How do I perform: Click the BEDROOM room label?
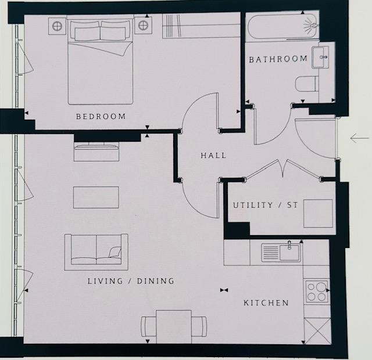click(x=101, y=117)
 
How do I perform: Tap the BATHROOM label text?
click(x=278, y=59)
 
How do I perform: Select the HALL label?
click(x=213, y=156)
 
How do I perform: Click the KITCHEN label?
click(x=266, y=303)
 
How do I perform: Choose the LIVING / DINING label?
click(x=131, y=281)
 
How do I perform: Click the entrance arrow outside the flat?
click(x=359, y=139)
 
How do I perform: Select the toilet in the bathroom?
click(x=306, y=85)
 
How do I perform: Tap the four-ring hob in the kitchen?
click(x=316, y=290)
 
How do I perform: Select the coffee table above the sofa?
click(x=96, y=197)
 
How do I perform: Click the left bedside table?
click(x=57, y=26)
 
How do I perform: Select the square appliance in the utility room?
click(x=318, y=213)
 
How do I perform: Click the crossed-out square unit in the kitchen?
click(x=317, y=330)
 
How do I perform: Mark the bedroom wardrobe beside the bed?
click(x=201, y=26)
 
